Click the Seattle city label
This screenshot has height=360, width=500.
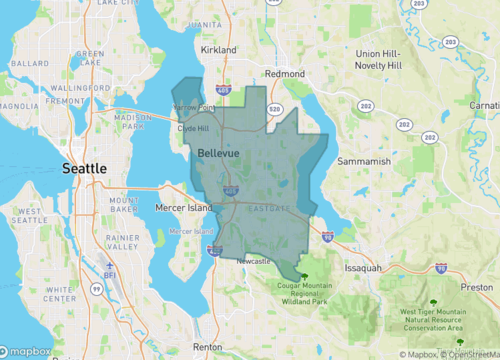85,169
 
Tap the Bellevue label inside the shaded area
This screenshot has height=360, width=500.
218,152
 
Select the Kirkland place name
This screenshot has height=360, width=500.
217,49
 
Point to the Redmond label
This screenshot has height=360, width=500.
284,74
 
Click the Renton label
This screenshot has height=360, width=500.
208,346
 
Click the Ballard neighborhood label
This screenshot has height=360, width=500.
30,63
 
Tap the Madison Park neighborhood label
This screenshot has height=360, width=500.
133,121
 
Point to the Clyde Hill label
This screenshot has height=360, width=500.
193,129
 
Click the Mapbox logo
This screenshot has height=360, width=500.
28,351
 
